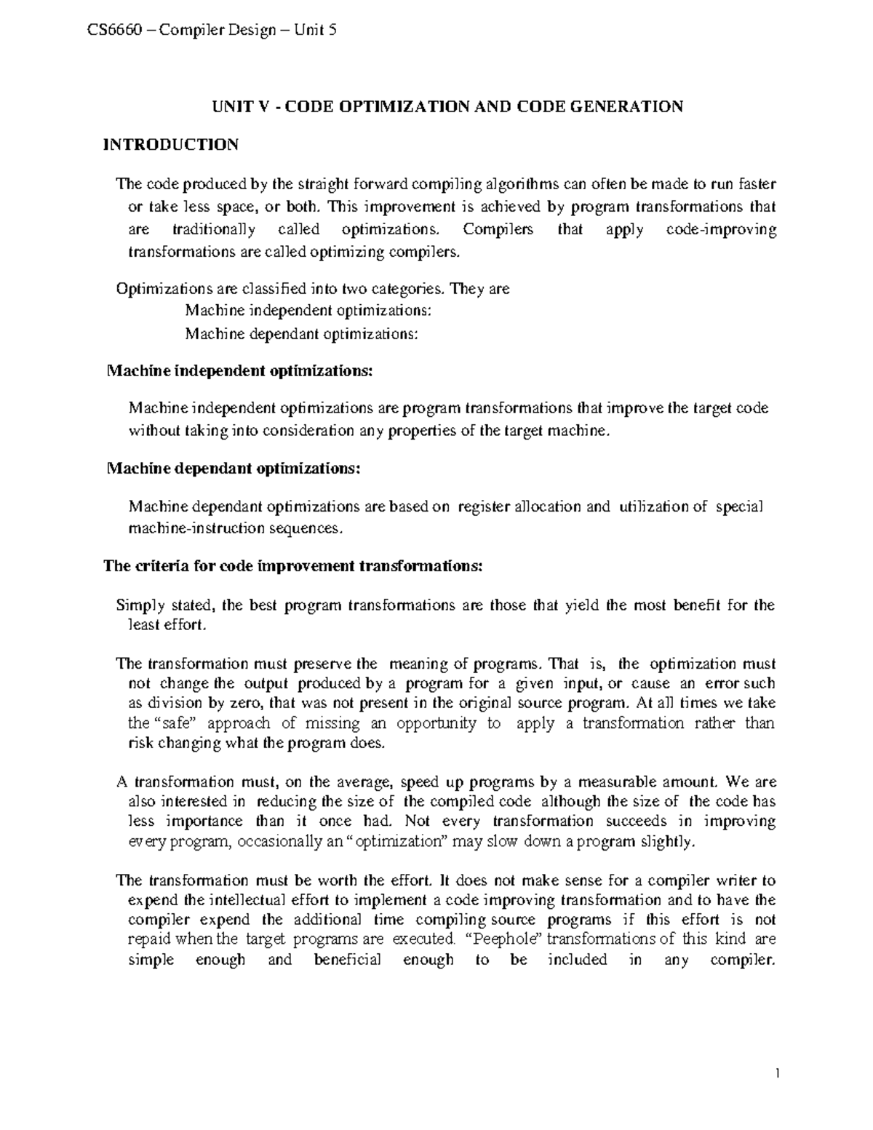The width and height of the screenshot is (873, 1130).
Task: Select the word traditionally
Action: pyautogui.click(x=215, y=230)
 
